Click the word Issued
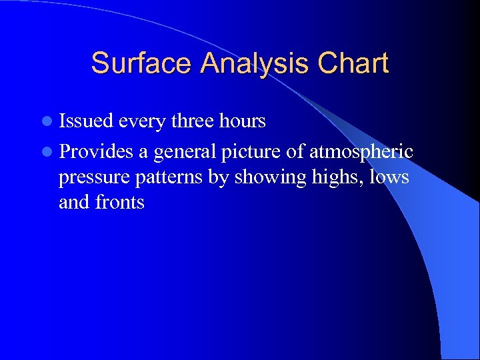tap(86, 121)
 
